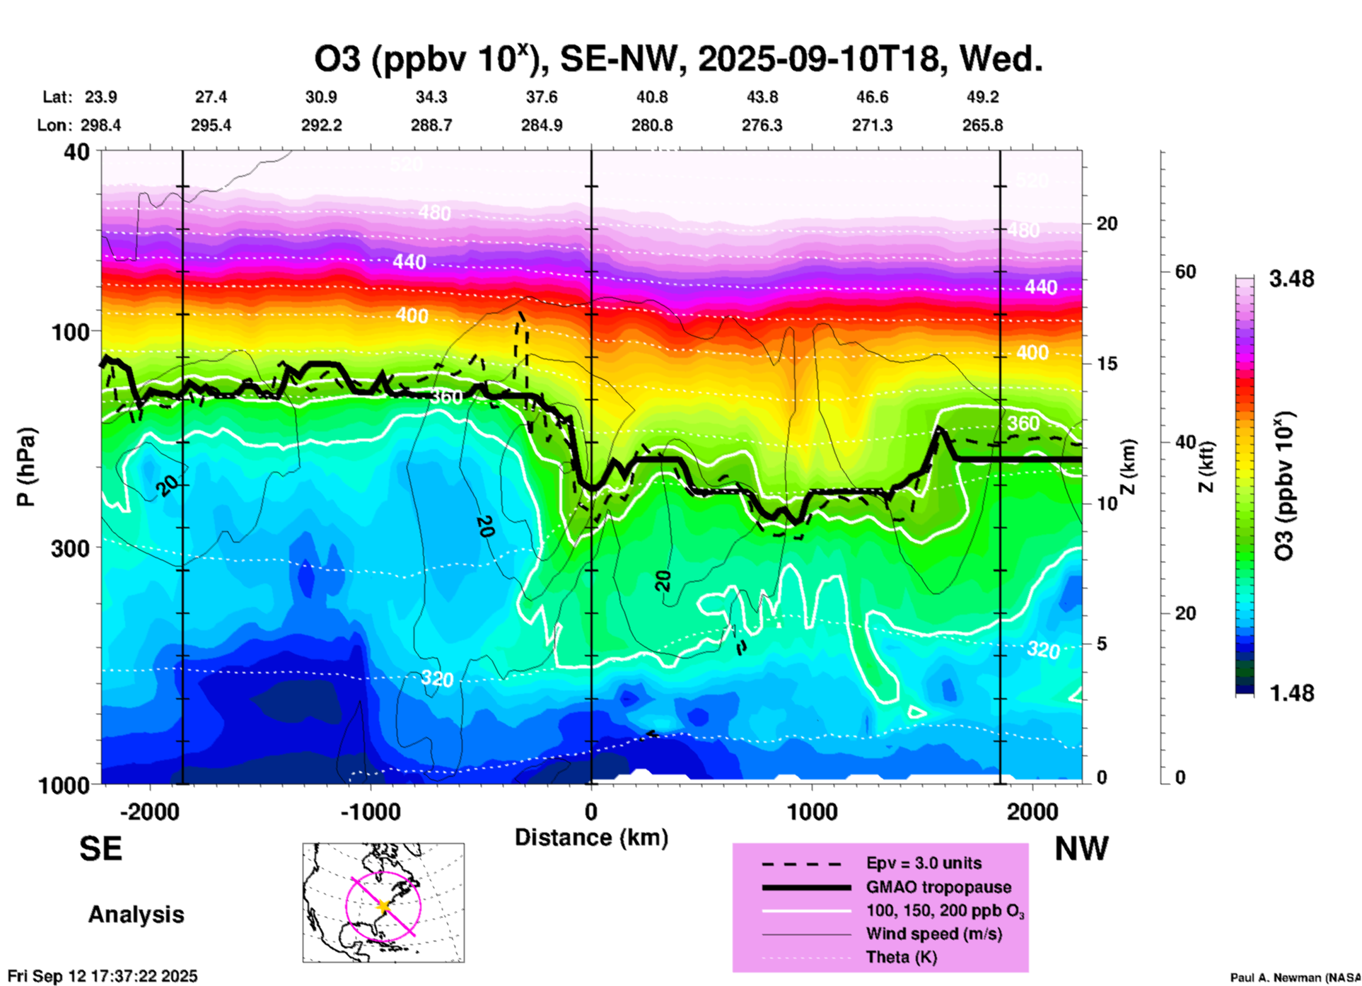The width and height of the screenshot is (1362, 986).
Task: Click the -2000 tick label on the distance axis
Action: point(150,811)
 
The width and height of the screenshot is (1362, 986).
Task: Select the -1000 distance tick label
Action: point(370,811)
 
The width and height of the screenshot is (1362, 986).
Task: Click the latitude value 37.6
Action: point(542,97)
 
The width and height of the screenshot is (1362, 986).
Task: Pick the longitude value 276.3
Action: point(762,125)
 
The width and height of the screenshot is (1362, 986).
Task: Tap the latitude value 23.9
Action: point(101,97)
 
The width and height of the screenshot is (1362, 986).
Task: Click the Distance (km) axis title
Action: point(591,837)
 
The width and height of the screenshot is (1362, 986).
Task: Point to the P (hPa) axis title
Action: point(26,467)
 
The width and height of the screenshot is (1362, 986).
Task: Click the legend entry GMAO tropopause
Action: point(938,887)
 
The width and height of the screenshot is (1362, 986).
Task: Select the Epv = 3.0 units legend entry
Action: point(924,863)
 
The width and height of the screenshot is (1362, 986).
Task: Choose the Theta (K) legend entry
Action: point(901,957)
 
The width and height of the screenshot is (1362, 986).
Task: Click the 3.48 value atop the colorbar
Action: point(1291,279)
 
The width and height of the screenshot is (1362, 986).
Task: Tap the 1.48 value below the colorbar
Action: point(1291,692)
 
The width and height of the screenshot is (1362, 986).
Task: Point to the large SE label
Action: point(100,849)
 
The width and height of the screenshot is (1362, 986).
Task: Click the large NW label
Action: point(1081,849)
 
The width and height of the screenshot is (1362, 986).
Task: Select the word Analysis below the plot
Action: point(136,915)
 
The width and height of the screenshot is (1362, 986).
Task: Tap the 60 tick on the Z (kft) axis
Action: point(1185,272)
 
